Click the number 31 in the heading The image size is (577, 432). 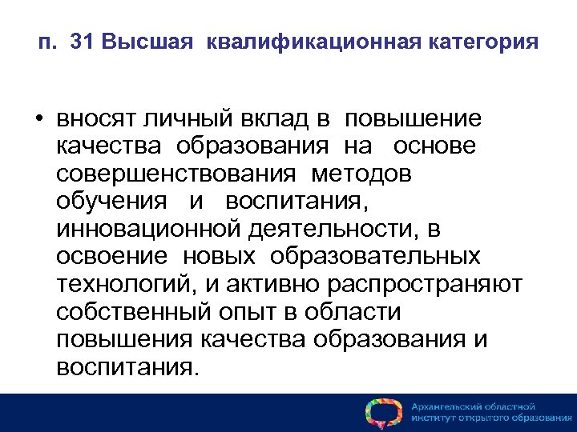[x=82, y=42]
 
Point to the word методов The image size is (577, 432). [x=363, y=174]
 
